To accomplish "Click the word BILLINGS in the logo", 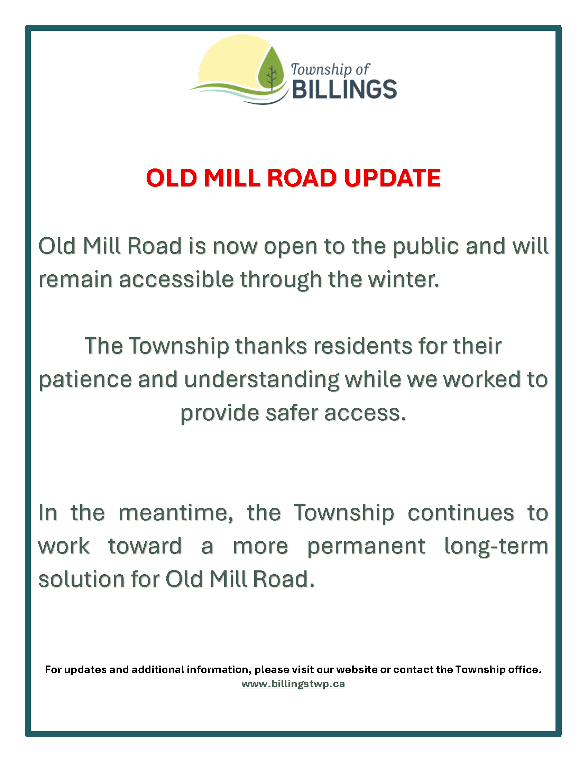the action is (x=344, y=89).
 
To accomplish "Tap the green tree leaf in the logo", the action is (x=271, y=70).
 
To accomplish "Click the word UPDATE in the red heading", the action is (x=392, y=178).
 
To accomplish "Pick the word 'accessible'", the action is (x=176, y=279).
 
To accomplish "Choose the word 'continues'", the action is (x=461, y=513).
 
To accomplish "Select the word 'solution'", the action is (x=82, y=579).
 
